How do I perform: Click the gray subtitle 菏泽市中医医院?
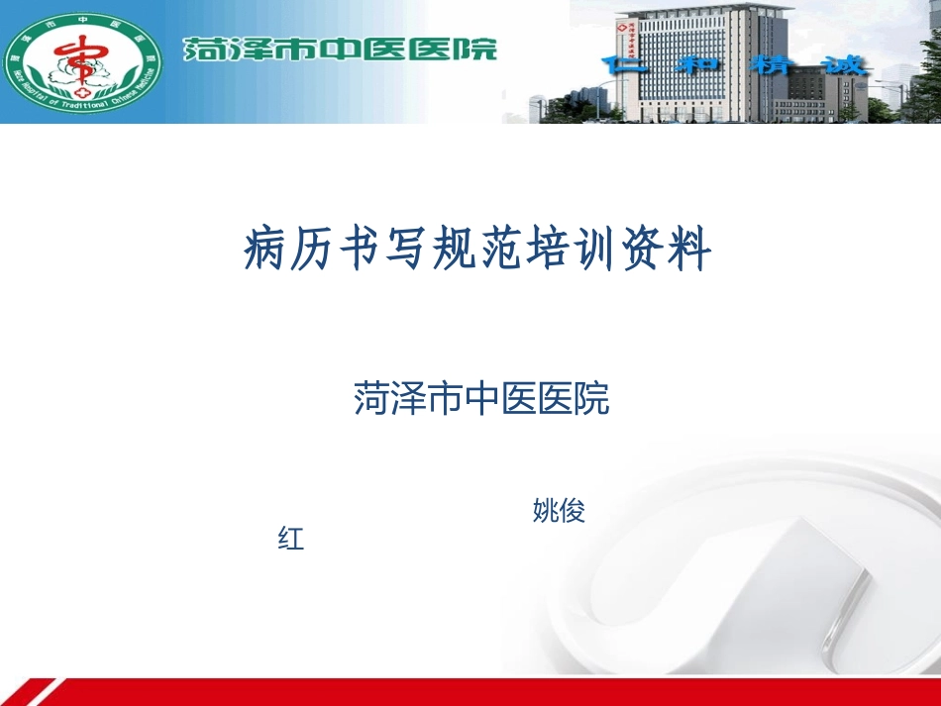pyautogui.click(x=481, y=398)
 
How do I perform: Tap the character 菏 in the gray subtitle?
pyautogui.click(x=370, y=398)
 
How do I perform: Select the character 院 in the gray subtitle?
pyautogui.click(x=592, y=398)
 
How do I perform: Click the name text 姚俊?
pyautogui.click(x=559, y=511)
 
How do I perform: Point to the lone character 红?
pyautogui.click(x=291, y=540)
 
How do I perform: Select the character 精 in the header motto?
pyautogui.click(x=770, y=65)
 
